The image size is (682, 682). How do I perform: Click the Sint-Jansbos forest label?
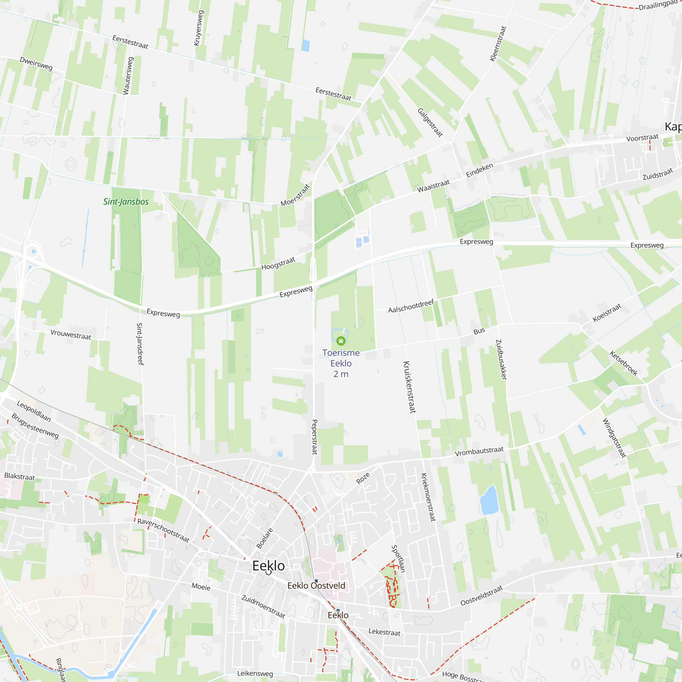coord(126,202)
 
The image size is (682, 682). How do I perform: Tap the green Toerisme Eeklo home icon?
coord(341,341)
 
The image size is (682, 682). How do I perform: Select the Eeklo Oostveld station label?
coord(316,585)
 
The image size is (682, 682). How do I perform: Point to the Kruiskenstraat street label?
coord(410,387)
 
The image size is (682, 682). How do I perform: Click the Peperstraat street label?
coord(314,437)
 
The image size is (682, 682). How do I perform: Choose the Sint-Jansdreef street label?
coord(140,344)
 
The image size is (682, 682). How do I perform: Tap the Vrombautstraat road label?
coord(479,451)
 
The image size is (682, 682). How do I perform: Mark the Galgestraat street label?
coord(430,122)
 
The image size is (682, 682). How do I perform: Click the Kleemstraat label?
coord(498,44)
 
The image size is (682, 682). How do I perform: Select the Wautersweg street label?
coord(128,76)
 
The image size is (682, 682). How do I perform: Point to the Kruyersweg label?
coord(199,28)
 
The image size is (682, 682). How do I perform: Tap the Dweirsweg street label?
coord(36,63)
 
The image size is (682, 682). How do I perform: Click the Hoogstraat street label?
coord(278,264)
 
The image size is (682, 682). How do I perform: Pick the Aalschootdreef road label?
coord(411,306)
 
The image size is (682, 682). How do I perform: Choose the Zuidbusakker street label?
coord(501,360)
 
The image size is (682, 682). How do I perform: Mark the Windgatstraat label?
coord(614,438)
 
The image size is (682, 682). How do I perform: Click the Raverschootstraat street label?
coord(163,530)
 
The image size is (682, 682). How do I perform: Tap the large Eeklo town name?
coord(268,566)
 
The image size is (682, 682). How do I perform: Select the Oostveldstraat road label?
coord(481,595)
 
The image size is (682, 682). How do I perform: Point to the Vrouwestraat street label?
coord(71,334)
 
